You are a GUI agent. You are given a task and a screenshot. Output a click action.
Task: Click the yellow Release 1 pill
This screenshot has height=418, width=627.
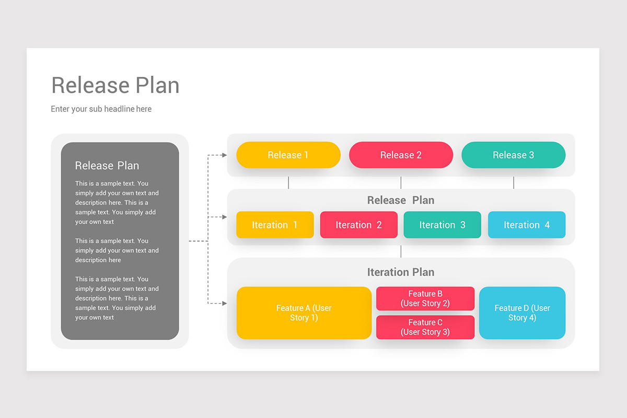[288, 155]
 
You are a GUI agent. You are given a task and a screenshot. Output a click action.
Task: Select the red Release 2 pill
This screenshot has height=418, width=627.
[401, 155]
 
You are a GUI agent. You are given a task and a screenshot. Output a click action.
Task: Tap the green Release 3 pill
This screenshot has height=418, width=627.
[513, 155]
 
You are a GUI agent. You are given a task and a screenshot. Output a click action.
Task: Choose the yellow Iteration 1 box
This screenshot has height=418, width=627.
[275, 225]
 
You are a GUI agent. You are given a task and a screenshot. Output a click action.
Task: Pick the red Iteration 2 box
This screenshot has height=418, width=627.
[358, 225]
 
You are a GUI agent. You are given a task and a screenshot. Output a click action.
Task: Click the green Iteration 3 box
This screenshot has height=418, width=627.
[442, 225]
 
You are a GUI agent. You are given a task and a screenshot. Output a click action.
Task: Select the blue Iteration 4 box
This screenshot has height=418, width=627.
[527, 225]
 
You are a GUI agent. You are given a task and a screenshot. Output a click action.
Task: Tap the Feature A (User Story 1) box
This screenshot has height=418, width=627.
[304, 313]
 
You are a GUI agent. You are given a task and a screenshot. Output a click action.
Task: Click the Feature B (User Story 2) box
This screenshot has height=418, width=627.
[425, 298]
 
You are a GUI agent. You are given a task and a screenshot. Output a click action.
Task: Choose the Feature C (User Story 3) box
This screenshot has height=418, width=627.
[425, 327]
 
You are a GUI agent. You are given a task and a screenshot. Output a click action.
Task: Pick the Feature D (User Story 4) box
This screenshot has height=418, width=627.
[522, 313]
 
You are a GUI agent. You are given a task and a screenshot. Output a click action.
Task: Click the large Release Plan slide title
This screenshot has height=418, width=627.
[115, 85]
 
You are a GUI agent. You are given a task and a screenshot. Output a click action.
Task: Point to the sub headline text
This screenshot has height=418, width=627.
[101, 109]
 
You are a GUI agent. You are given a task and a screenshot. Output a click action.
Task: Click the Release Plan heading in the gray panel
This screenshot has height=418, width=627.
[107, 166]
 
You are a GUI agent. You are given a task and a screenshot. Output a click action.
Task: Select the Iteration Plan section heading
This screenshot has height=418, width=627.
[401, 272]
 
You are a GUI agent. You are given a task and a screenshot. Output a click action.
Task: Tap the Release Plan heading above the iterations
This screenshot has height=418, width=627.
[401, 200]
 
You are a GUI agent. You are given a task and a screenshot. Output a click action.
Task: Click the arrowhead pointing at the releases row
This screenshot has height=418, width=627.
[224, 155]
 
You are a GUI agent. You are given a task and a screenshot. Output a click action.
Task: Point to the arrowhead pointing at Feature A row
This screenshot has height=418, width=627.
[224, 303]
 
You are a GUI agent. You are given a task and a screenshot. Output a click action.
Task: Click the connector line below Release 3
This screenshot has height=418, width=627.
[514, 182]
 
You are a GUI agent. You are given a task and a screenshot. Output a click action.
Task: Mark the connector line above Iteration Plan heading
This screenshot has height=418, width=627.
[401, 251]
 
